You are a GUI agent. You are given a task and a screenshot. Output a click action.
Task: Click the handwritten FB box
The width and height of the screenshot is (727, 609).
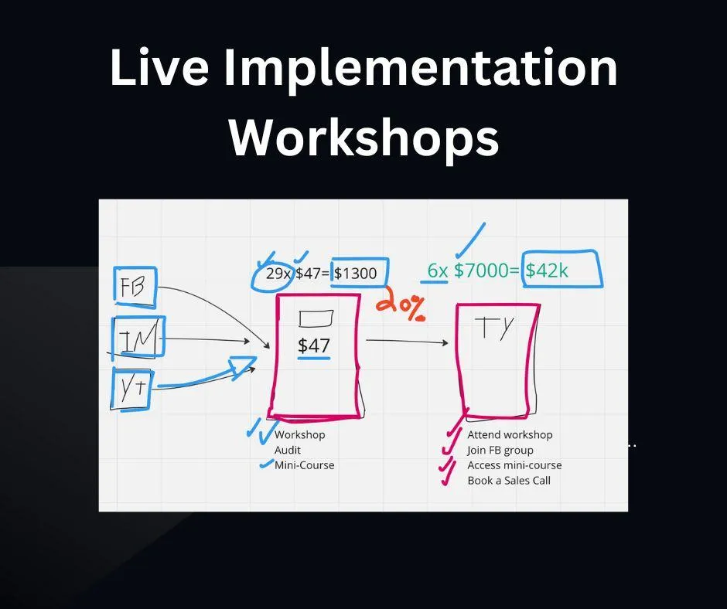[135, 287]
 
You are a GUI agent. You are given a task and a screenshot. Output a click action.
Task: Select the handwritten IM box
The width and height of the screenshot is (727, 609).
[138, 338]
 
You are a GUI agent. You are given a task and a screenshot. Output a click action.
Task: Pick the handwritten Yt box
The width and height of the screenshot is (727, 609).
[131, 389]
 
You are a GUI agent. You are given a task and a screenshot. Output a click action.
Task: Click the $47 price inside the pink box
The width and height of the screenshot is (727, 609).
[314, 345]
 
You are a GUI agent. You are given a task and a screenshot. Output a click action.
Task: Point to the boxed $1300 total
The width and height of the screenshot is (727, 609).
[359, 273]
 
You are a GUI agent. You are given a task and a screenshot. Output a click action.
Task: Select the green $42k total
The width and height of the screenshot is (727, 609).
[562, 269]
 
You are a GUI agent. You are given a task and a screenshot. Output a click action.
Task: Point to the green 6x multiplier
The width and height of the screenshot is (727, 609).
[437, 270]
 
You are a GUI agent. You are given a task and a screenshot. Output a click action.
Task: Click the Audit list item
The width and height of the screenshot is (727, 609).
[288, 450]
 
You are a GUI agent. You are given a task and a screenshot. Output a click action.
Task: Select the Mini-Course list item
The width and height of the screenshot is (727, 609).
[304, 465]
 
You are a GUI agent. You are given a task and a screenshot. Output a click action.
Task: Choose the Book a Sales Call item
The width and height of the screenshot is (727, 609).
[509, 481]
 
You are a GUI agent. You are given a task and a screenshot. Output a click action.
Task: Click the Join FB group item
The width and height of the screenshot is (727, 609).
[500, 451]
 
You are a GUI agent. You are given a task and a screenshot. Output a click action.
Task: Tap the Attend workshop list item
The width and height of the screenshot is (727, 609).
[510, 435]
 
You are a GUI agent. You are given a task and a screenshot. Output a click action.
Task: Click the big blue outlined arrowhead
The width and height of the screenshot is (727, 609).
[242, 367]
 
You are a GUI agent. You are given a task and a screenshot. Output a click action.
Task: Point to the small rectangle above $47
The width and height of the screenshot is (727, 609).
[316, 318]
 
